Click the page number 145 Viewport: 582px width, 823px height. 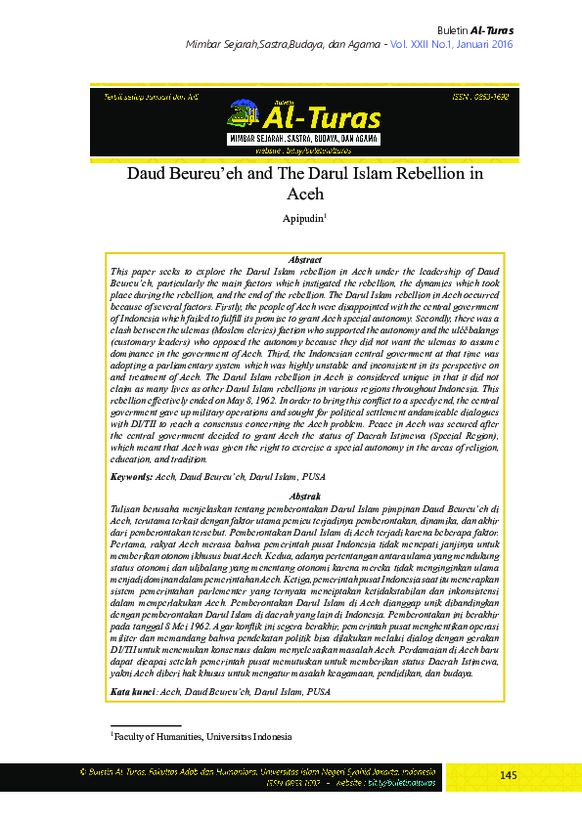click(508, 775)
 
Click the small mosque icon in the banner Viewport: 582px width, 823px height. click(240, 117)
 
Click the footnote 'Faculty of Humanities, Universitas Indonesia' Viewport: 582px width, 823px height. click(202, 736)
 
